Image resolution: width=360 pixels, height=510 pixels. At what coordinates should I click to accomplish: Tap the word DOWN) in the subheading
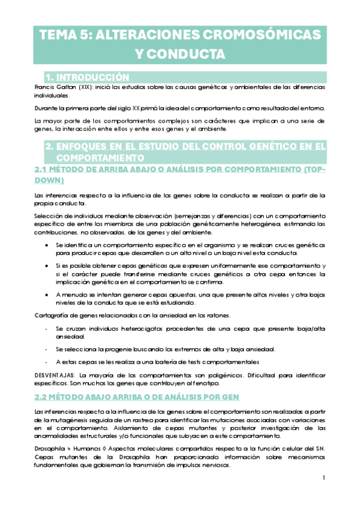tap(50, 180)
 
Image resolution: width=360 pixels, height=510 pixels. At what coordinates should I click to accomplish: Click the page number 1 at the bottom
tap(323, 478)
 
